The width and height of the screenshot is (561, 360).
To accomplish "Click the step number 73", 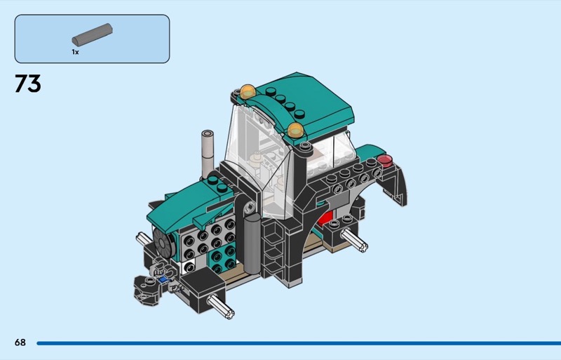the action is [x=28, y=84].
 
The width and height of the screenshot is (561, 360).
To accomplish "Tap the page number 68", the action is [x=20, y=342].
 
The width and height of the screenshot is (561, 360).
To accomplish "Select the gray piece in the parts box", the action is [x=93, y=34].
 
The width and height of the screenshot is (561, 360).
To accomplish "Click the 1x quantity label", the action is [x=75, y=52].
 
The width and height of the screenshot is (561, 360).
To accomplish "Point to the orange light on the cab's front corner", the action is [x=296, y=131].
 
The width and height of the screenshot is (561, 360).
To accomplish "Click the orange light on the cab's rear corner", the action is [x=248, y=92].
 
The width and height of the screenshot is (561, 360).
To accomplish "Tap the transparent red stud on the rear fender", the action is [x=385, y=160].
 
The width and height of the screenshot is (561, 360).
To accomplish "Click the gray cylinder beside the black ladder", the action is [x=252, y=244].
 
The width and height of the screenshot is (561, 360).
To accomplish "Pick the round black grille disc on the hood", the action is [x=163, y=243].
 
